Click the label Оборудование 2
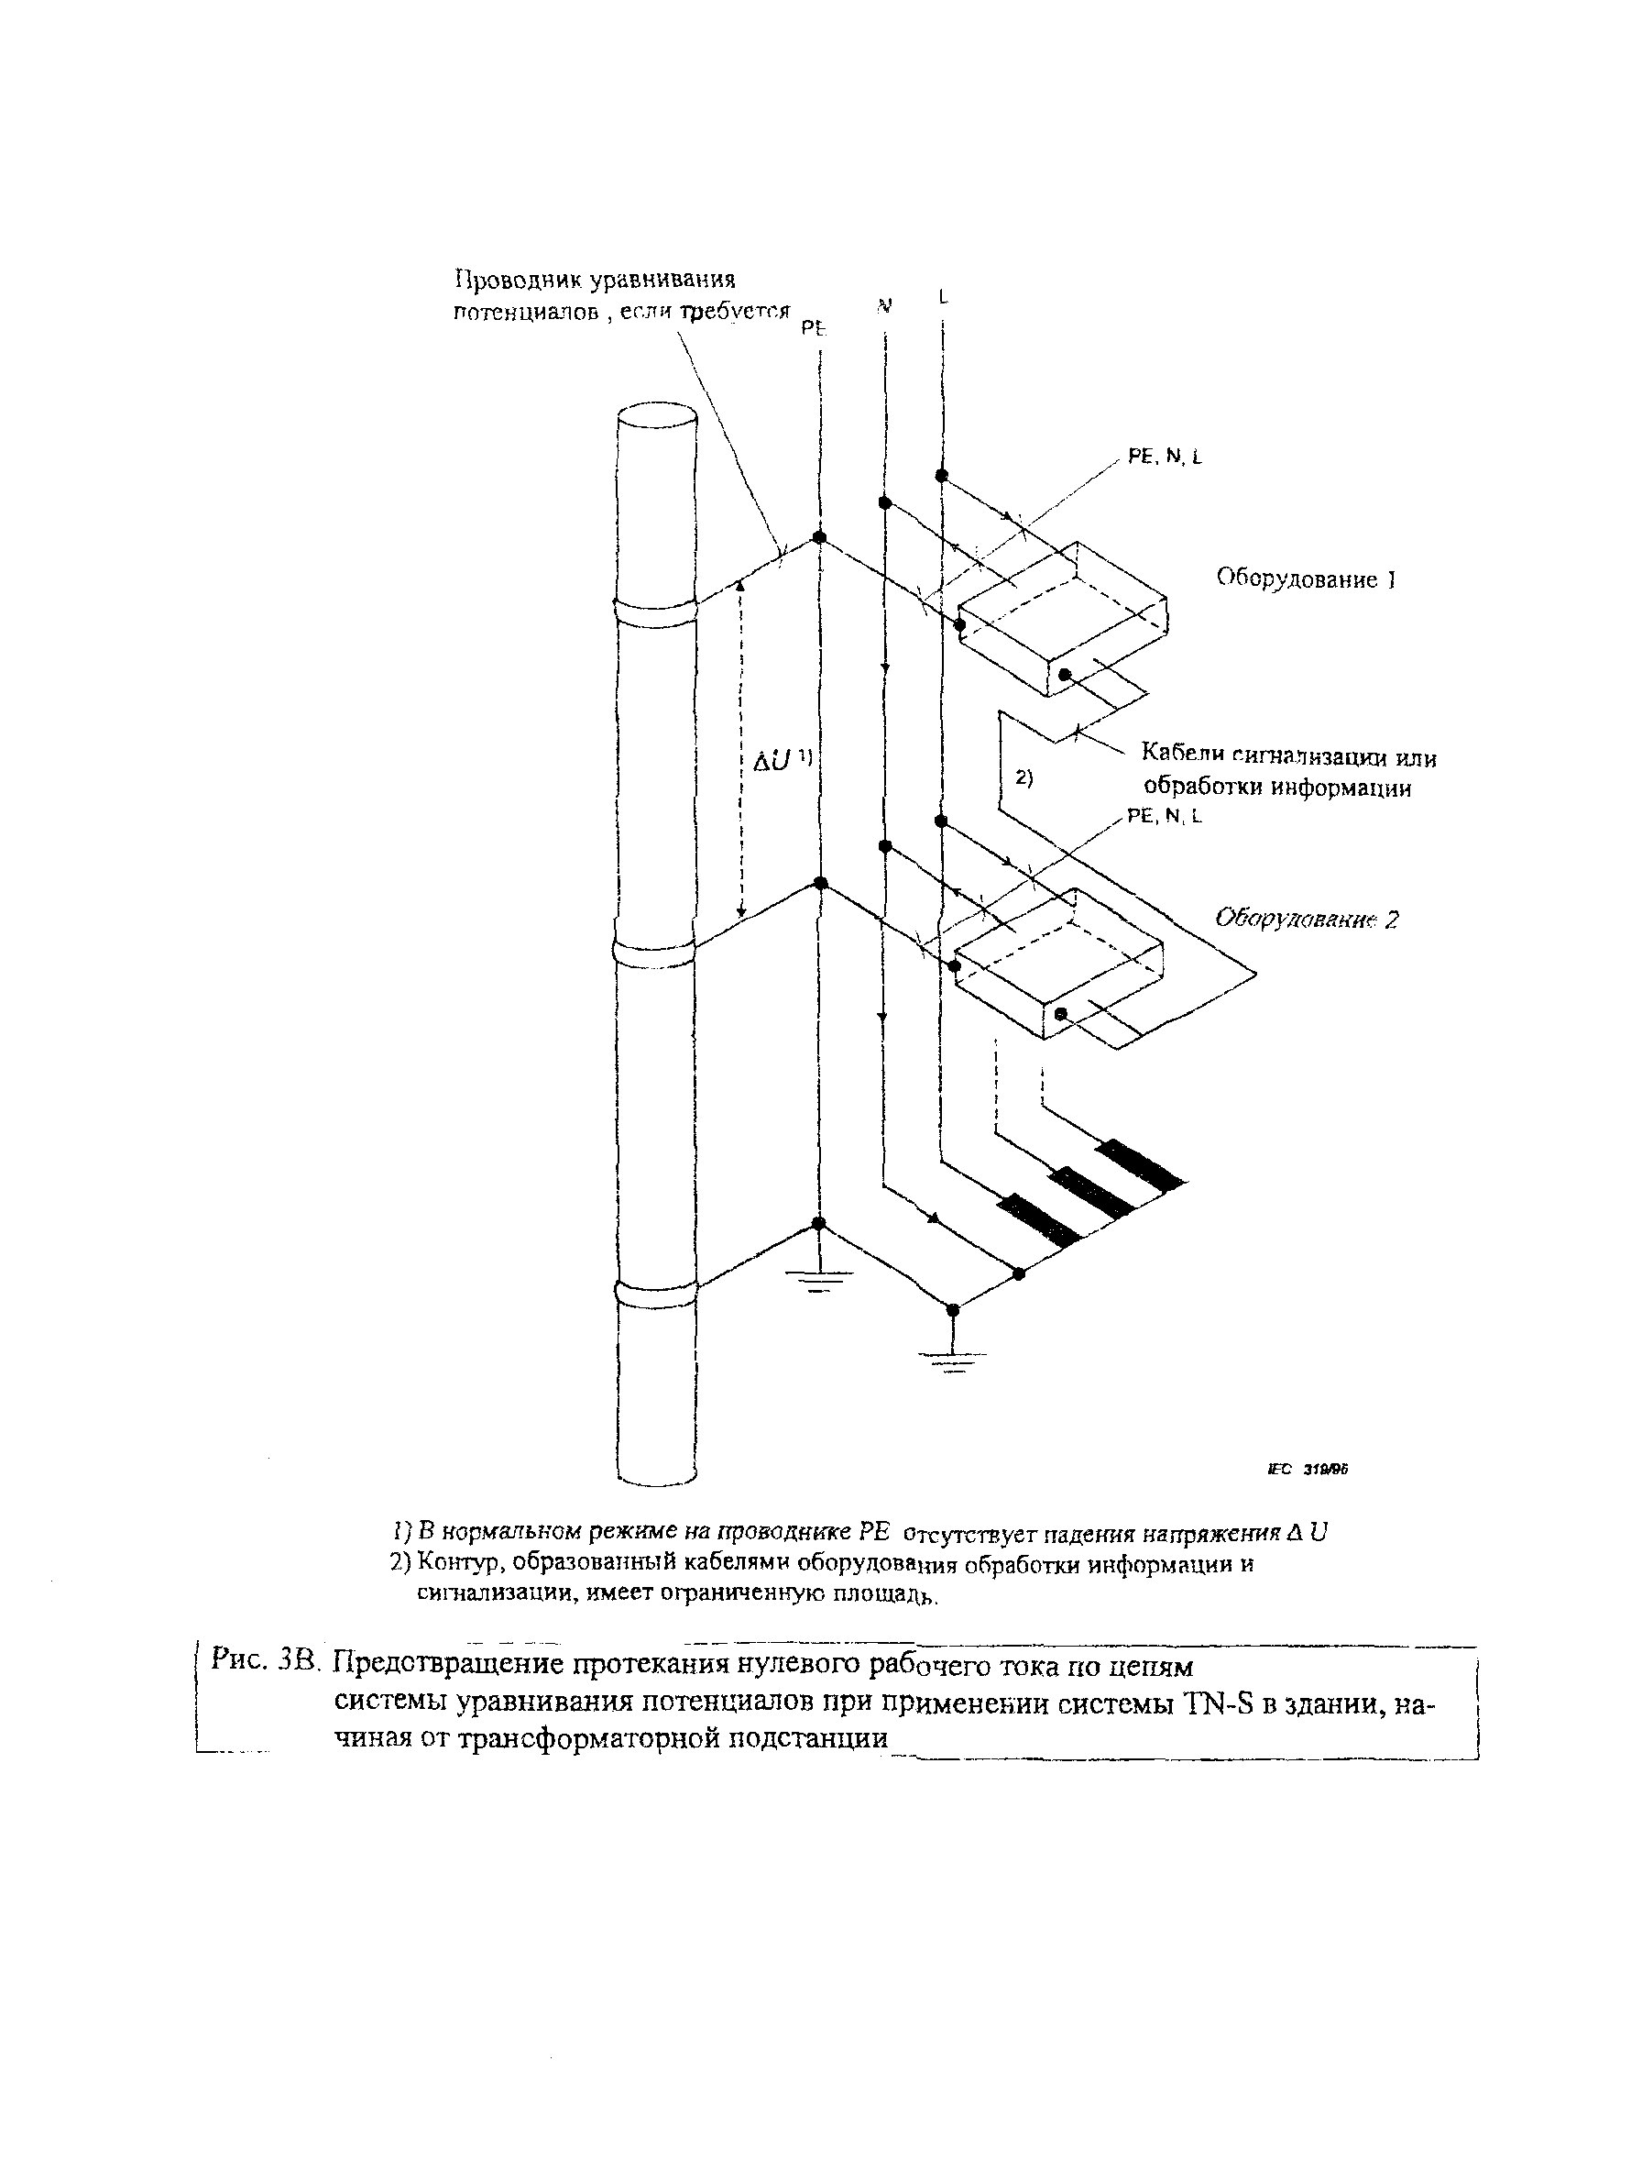1306,920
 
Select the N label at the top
884,306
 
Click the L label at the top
943,296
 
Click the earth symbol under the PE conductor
817,1282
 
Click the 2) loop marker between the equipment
1023,777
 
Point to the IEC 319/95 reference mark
1307,1469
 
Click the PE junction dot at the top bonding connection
817,537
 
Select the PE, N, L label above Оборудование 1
1165,457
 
